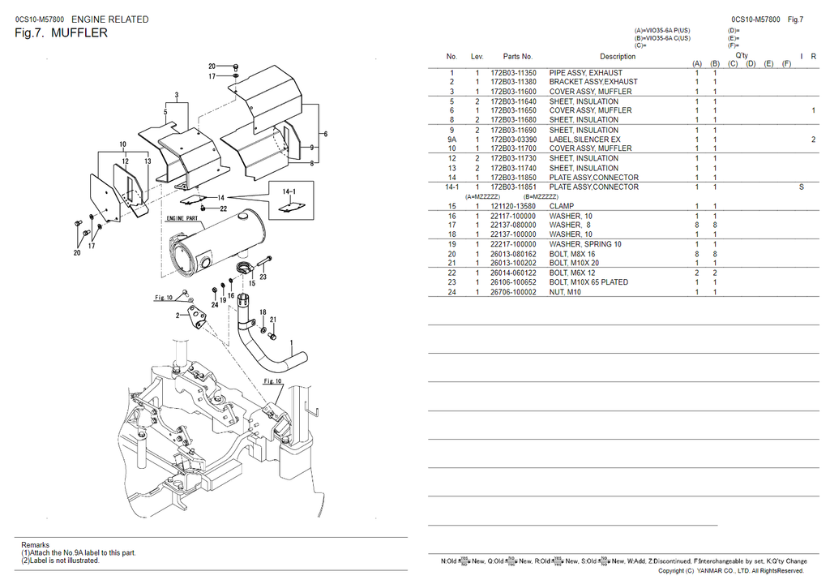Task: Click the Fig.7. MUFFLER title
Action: pos(61,33)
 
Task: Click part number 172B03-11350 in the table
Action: pos(513,73)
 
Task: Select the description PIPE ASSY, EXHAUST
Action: pos(585,73)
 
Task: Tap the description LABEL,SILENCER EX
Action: pos(584,140)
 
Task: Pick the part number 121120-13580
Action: pos(513,206)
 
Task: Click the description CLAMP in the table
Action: pos(561,206)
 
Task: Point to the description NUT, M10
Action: pos(565,292)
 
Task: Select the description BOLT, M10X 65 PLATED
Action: pos(588,282)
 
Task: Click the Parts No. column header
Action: pos(517,57)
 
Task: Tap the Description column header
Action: pos(618,57)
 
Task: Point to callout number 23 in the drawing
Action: pos(263,277)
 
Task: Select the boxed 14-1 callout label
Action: pos(289,192)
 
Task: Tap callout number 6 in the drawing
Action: pos(324,134)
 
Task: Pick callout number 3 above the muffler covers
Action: pos(176,96)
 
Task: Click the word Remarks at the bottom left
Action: pos(35,545)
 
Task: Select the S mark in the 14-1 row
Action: pos(802,187)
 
